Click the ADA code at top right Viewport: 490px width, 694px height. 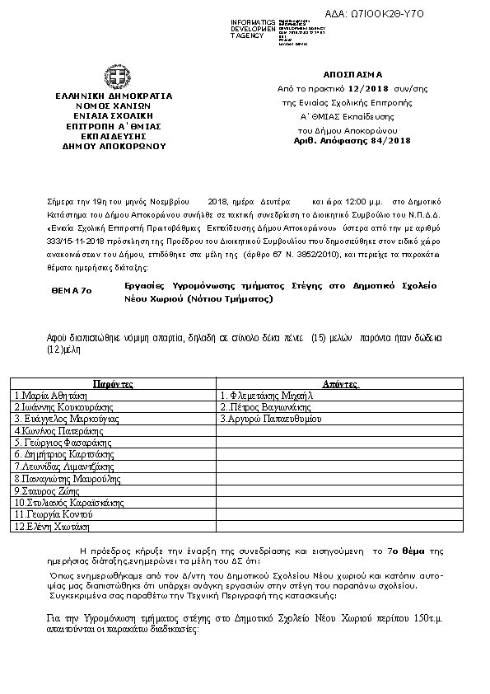click(x=429, y=14)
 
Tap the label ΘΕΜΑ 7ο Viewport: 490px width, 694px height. click(x=72, y=291)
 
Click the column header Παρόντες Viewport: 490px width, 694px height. click(x=113, y=384)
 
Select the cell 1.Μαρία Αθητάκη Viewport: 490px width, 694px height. click(x=51, y=396)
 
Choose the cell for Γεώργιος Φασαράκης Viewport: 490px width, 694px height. click(x=57, y=443)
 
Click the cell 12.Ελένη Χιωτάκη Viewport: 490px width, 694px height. click(x=52, y=525)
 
